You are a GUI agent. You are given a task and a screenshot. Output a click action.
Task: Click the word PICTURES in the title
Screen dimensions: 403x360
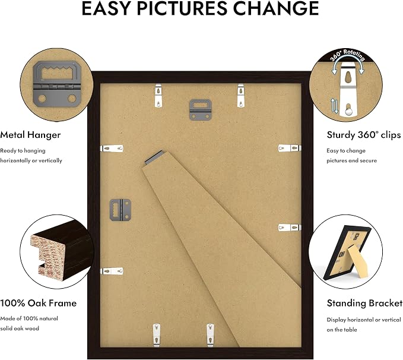tap(182, 8)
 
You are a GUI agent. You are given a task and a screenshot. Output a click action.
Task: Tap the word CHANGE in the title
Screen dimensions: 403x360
tap(276, 8)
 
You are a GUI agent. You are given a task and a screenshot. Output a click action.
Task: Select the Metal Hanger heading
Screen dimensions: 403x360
tap(30, 135)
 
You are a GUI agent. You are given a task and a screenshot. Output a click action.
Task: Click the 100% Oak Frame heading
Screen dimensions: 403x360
tap(39, 303)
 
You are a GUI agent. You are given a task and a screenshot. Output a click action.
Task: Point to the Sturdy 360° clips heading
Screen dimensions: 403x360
tap(364, 135)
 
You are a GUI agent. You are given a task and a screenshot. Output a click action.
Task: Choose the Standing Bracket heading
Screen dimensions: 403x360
tap(364, 303)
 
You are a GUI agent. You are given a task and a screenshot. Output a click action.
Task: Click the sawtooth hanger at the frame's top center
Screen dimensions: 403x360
tap(201, 110)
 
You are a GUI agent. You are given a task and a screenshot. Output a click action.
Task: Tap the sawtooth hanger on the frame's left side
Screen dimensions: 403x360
tap(120, 210)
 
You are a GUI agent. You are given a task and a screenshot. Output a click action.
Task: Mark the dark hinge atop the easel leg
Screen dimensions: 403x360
tap(154, 158)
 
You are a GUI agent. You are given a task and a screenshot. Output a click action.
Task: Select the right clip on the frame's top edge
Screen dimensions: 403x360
tap(241, 96)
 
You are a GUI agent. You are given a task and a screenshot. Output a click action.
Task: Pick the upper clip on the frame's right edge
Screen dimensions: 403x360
tap(290, 148)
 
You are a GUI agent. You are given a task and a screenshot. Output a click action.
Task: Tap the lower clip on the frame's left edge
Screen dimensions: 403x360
tap(112, 271)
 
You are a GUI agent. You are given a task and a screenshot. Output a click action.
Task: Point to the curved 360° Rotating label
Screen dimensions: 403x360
tap(347, 55)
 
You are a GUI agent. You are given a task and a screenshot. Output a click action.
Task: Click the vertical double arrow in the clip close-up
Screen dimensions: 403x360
tap(334, 106)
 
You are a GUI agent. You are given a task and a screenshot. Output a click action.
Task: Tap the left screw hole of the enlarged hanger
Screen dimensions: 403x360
tap(42, 98)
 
